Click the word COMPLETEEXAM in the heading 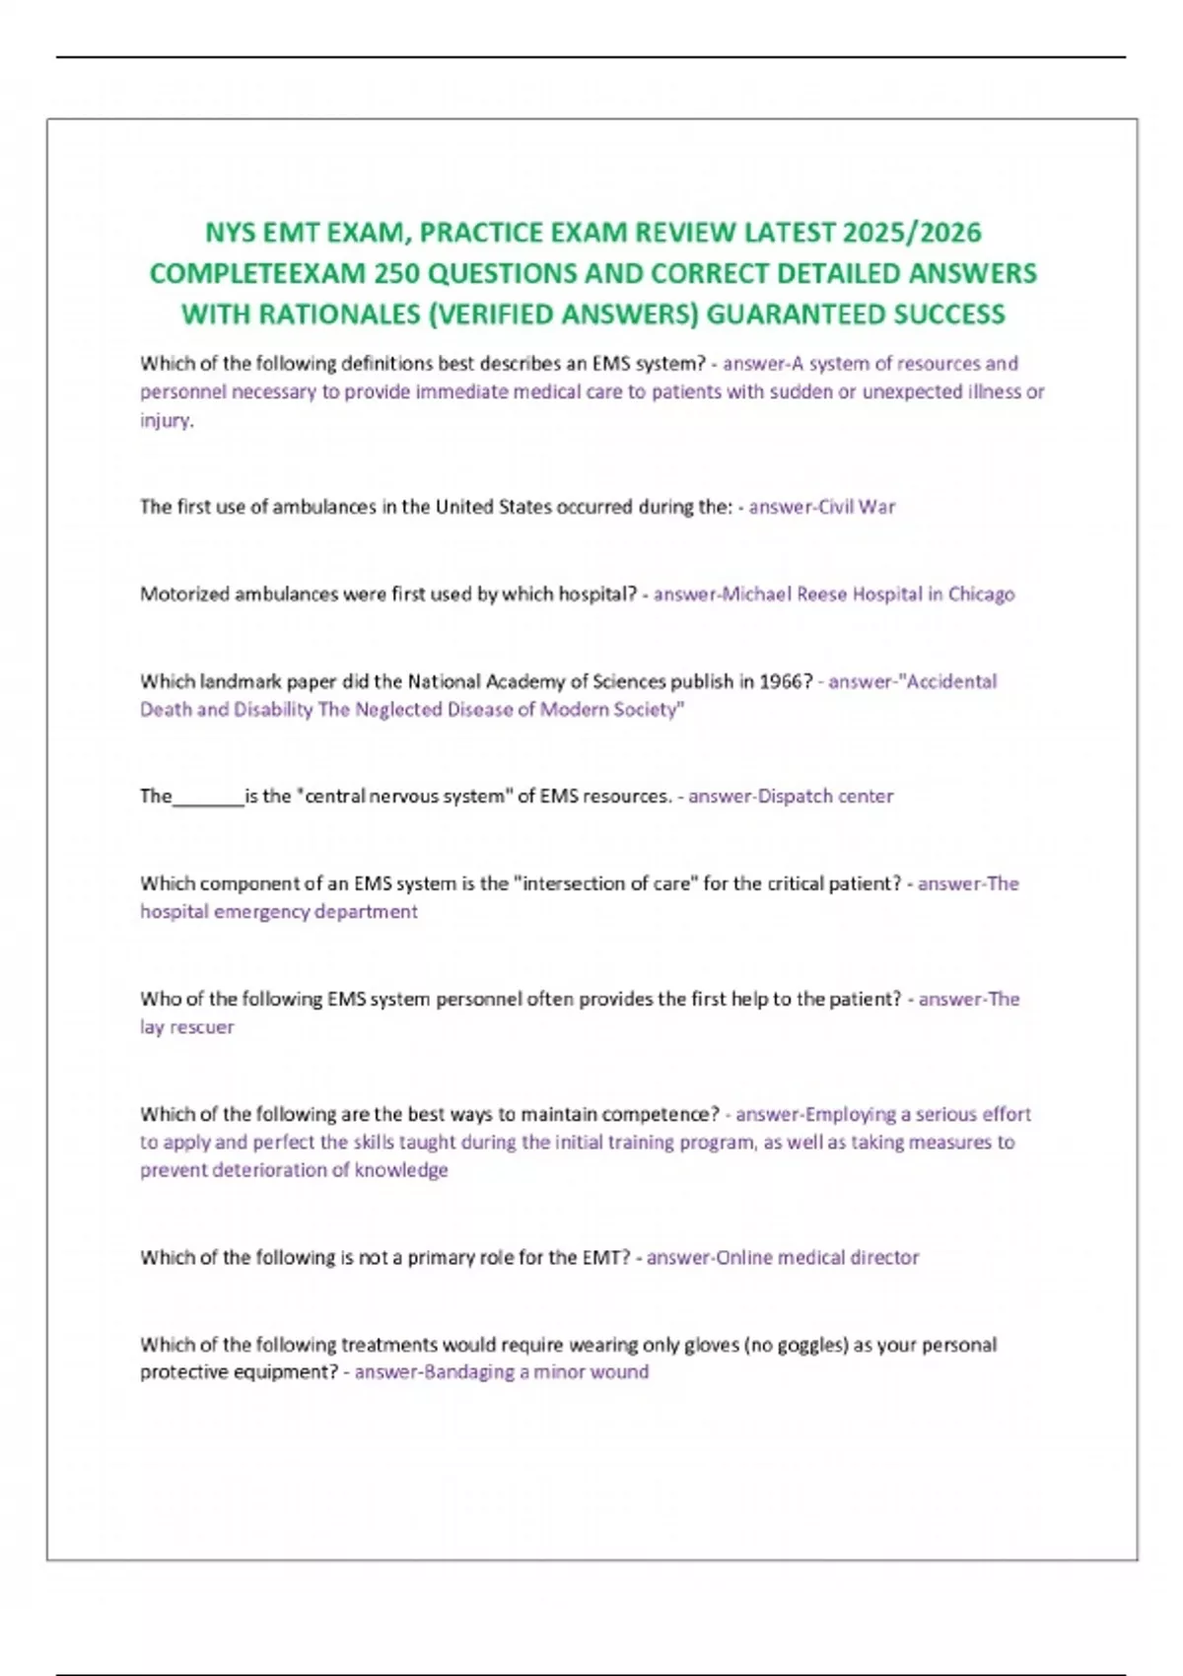(x=257, y=273)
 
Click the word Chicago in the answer (x=981, y=594)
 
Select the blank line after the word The (x=208, y=797)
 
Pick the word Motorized (x=184, y=594)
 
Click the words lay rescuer (x=187, y=1027)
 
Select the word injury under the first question (x=165, y=421)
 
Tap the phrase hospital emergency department (x=279, y=912)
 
